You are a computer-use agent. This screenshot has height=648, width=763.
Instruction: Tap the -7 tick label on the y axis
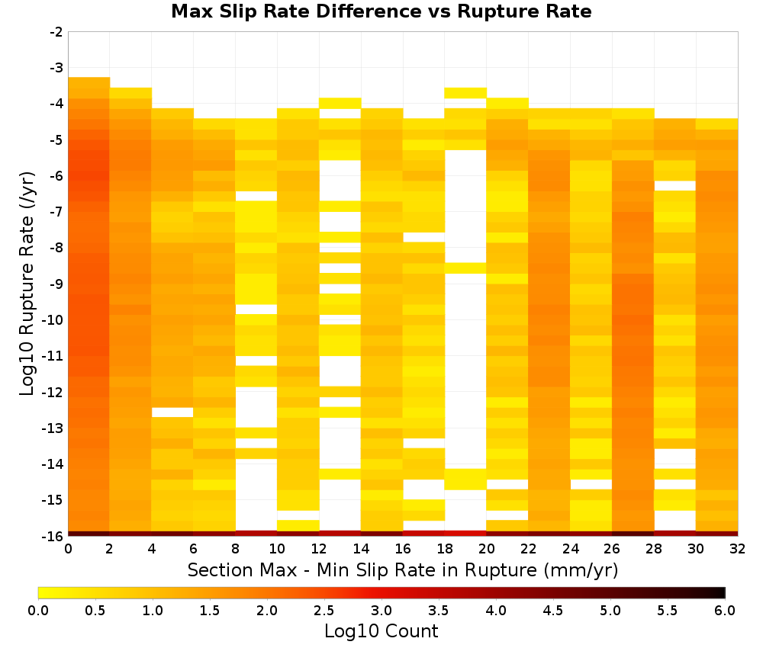(56, 211)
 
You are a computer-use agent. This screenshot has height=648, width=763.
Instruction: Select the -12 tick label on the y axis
(53, 392)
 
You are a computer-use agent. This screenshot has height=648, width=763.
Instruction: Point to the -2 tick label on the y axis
(56, 32)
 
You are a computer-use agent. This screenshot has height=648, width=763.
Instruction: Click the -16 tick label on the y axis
(53, 536)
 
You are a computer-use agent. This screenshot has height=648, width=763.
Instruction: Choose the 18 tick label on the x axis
(445, 549)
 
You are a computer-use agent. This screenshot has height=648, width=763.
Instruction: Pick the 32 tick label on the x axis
(738, 549)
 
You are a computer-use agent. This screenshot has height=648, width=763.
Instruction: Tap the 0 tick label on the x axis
(68, 549)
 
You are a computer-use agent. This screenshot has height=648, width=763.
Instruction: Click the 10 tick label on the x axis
(278, 549)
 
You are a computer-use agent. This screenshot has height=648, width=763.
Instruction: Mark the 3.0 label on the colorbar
(381, 610)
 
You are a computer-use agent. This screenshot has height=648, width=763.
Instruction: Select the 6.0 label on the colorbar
(725, 610)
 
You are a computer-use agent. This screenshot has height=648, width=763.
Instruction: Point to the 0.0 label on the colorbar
(38, 610)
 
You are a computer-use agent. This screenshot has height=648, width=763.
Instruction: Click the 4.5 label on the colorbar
(553, 610)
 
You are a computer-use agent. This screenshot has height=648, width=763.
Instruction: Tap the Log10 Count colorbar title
(381, 631)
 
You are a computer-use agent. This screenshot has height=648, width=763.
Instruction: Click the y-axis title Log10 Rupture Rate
(27, 284)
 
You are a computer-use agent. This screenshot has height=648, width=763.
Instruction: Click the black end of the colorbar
(721, 592)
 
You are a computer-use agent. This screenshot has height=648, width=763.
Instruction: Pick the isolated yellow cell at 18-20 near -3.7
(465, 93)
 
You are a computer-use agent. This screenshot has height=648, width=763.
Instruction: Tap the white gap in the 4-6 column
(172, 412)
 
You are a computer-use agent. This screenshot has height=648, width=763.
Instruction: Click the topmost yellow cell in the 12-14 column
(340, 103)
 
